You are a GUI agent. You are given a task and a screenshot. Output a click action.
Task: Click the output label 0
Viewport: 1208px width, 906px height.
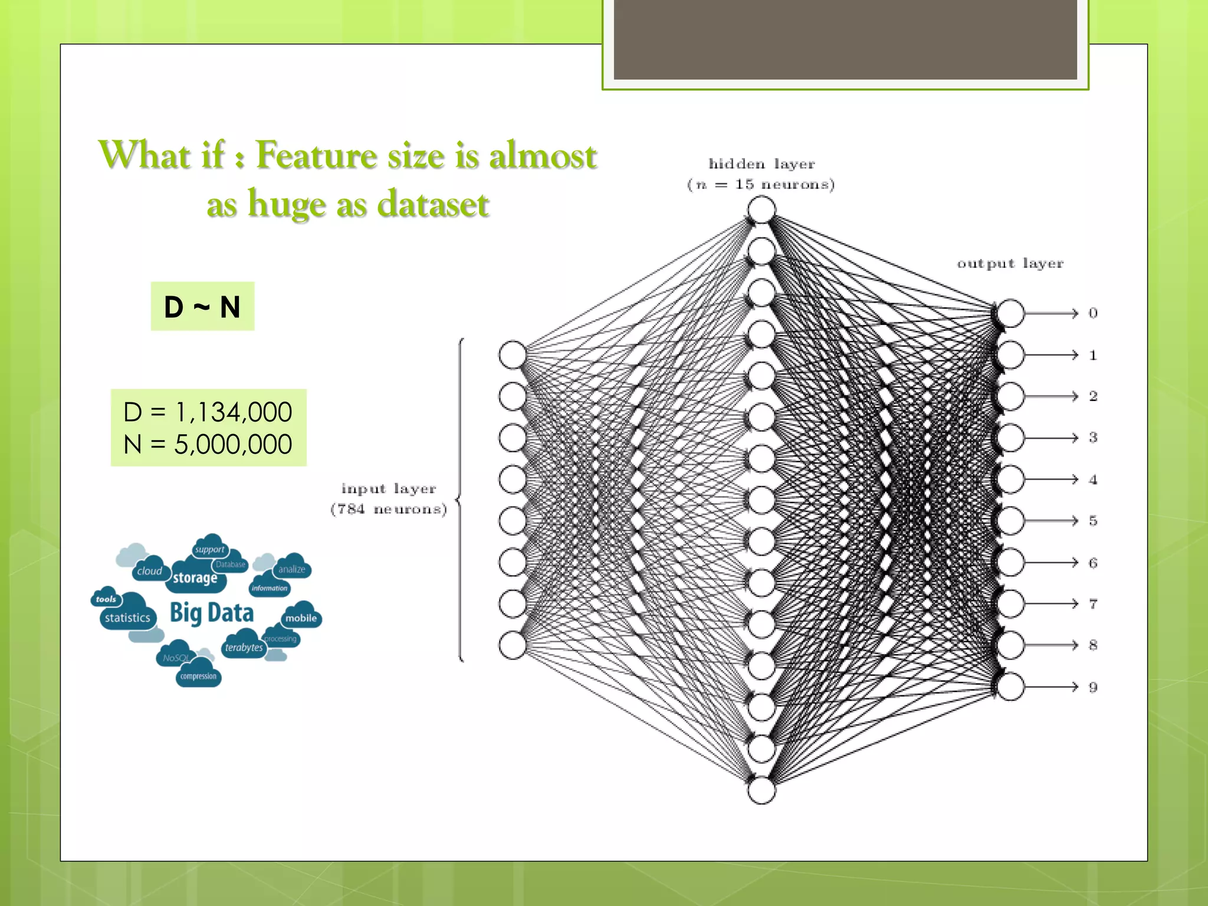(x=1093, y=313)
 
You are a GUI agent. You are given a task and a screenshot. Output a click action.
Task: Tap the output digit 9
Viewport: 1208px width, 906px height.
(x=1093, y=687)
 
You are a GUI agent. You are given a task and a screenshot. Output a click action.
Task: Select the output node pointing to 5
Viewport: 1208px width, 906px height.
(x=1010, y=521)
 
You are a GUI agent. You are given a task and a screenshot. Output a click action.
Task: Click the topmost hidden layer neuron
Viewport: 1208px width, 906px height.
(x=761, y=209)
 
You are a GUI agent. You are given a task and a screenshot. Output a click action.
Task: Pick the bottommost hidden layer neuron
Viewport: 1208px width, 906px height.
(x=761, y=790)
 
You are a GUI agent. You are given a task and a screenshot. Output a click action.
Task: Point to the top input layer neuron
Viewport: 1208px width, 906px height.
(x=513, y=355)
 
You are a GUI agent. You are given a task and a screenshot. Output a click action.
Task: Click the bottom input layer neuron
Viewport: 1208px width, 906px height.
(x=513, y=645)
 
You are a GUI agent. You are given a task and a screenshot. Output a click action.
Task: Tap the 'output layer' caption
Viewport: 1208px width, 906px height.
(x=1010, y=264)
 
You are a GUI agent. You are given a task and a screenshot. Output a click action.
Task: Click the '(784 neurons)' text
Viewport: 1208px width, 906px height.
(x=389, y=509)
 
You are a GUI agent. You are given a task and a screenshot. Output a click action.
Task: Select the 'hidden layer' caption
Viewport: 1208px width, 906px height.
(x=761, y=164)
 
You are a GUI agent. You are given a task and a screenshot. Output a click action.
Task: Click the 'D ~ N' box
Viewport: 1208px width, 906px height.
(x=202, y=307)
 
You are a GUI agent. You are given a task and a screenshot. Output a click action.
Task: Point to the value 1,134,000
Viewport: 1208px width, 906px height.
(x=233, y=412)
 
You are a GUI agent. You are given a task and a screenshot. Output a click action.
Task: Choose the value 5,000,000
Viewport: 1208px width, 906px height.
(x=233, y=444)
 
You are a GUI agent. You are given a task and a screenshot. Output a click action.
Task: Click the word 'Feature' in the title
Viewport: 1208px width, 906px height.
(x=317, y=156)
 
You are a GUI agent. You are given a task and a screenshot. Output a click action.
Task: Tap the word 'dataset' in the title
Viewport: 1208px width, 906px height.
(x=433, y=205)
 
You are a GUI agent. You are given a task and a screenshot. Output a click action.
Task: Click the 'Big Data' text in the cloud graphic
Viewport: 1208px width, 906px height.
(x=212, y=613)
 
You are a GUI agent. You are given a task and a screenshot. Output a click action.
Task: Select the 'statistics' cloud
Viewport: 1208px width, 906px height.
(x=127, y=618)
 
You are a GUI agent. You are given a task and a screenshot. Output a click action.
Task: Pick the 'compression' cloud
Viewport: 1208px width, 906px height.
(x=198, y=676)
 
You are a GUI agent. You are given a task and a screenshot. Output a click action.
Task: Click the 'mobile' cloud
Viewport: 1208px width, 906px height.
(x=301, y=618)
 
